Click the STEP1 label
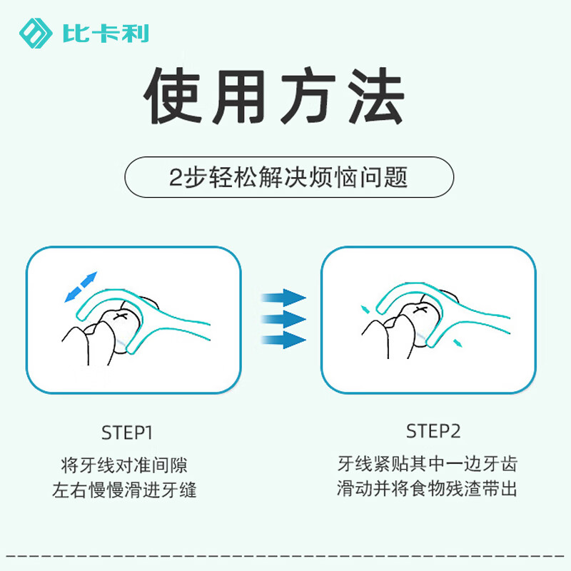(x=127, y=433)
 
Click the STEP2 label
(x=433, y=431)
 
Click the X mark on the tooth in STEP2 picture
(x=418, y=309)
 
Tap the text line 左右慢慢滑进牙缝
(x=124, y=491)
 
